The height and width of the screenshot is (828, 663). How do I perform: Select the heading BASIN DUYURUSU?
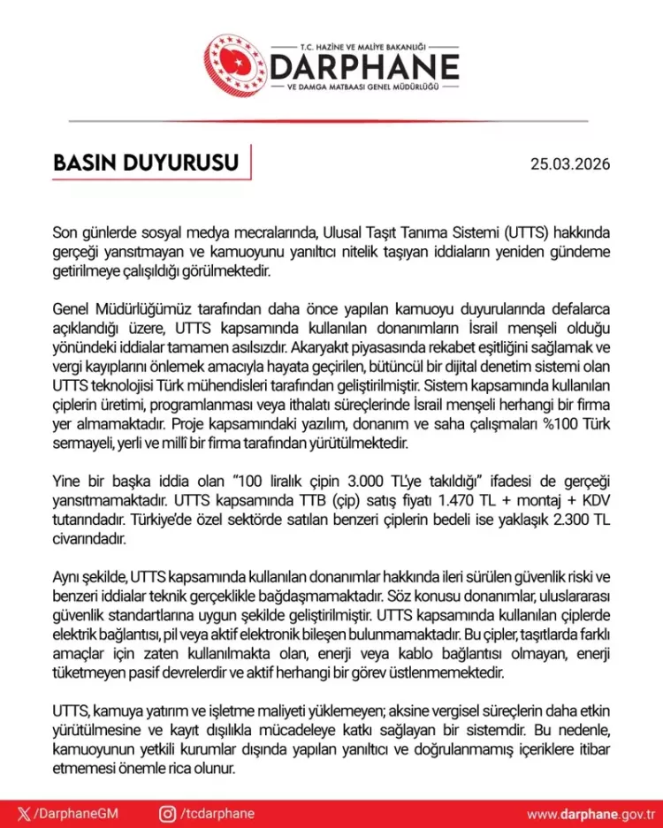pos(147,163)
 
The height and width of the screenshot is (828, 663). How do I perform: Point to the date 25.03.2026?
pos(569,164)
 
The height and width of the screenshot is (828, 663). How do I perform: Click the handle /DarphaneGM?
pos(74,813)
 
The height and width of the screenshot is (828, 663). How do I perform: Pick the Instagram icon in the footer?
pos(167,813)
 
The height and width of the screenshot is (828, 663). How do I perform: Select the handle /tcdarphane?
pos(217,813)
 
